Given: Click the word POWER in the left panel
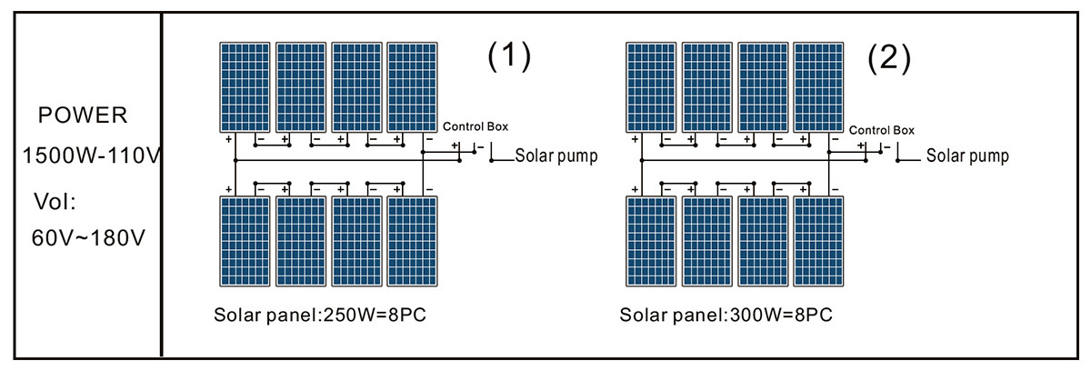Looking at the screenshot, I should click(82, 115).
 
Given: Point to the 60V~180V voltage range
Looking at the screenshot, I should click(87, 237).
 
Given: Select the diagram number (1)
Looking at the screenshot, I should click(507, 57).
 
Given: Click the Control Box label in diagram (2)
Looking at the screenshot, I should click(881, 130).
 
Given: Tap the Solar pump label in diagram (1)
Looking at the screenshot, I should click(556, 156).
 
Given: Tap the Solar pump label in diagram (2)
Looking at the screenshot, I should click(967, 156).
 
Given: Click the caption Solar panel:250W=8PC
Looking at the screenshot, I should click(320, 316).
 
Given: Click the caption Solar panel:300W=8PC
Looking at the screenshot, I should click(726, 316).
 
